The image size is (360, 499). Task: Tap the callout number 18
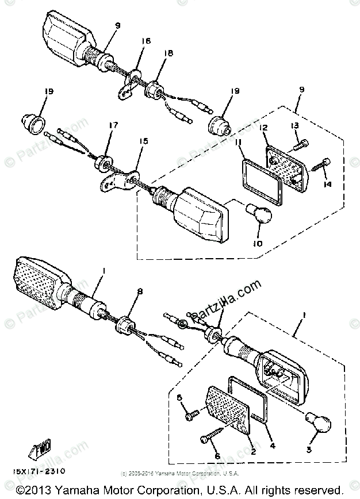tap(168, 53)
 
